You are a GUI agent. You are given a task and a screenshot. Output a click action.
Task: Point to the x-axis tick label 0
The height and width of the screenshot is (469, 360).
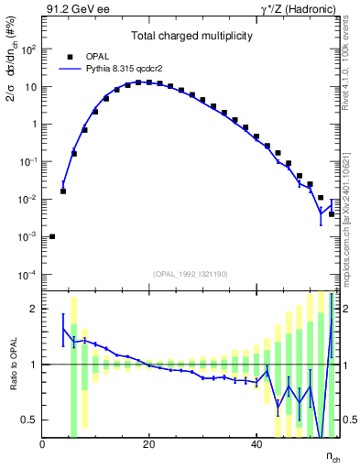[x=43, y=444]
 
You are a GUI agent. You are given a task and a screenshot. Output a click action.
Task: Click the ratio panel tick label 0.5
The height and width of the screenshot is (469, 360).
[x=31, y=420]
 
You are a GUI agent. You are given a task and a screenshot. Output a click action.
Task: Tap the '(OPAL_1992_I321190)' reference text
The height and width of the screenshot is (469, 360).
[x=191, y=273]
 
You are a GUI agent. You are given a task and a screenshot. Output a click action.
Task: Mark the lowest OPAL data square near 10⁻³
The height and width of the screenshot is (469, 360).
[x=52, y=236]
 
